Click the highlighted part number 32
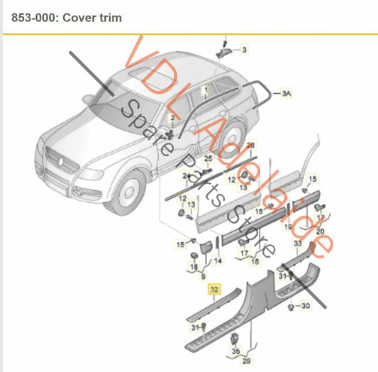(x=213, y=290)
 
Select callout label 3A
(x=287, y=93)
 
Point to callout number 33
(x=296, y=244)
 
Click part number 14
(x=218, y=261)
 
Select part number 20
(x=321, y=231)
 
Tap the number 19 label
(x=288, y=227)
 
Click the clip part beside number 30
(x=287, y=306)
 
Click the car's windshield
(x=117, y=112)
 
